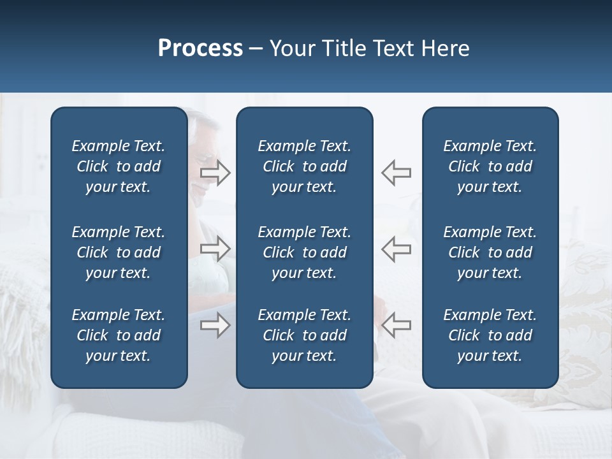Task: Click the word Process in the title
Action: (200, 48)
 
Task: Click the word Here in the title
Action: (445, 48)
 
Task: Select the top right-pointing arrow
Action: (215, 173)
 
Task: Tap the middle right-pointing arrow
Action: (215, 249)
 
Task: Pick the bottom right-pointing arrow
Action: (215, 326)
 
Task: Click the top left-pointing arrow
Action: (396, 173)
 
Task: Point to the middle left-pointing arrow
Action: (396, 249)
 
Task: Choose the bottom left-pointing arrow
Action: (396, 326)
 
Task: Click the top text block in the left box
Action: (119, 166)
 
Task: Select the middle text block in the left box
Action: (119, 252)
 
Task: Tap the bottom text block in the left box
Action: (119, 335)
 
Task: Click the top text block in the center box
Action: (304, 166)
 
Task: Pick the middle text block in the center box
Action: (304, 252)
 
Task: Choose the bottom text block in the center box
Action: (304, 335)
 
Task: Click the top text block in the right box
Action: (490, 166)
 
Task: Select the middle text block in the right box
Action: (490, 252)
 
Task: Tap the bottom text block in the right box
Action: (490, 335)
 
